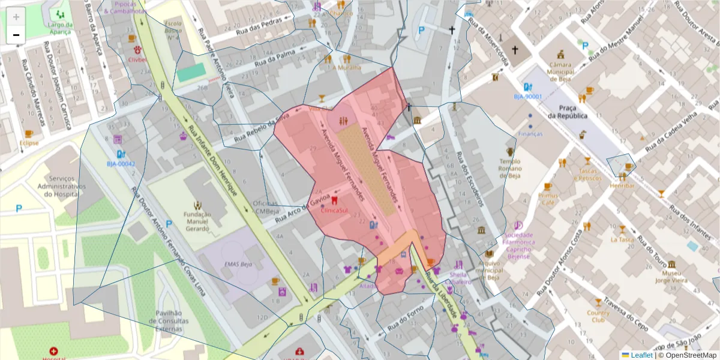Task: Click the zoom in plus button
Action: point(16,17)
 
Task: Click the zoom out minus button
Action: point(16,35)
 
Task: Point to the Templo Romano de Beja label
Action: point(510,169)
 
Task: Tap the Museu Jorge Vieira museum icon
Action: point(671,265)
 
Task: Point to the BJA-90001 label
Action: point(527,97)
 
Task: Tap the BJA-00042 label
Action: point(121,164)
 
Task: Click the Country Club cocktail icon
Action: point(598,302)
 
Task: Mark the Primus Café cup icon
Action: point(548,187)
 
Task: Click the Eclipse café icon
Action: point(29,134)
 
